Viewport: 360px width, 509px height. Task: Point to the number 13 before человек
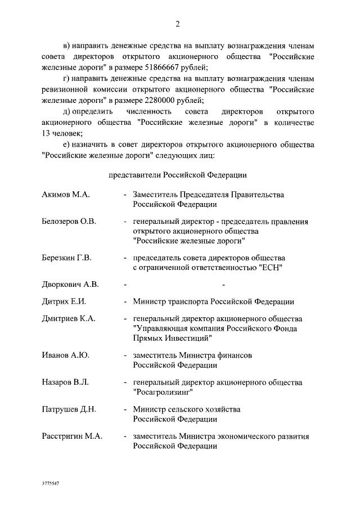click(x=47, y=133)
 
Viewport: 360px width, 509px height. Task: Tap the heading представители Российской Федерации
click(x=178, y=175)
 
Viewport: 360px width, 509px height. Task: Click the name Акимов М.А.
click(x=66, y=195)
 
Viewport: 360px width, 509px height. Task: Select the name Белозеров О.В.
click(x=69, y=222)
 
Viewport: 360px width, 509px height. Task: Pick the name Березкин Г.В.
click(x=66, y=258)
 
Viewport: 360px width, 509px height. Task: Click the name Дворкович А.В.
click(x=70, y=285)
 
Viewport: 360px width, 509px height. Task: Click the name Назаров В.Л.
click(x=65, y=382)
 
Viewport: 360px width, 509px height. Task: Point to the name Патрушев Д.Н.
click(x=68, y=409)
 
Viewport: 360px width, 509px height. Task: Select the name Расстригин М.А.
click(x=71, y=436)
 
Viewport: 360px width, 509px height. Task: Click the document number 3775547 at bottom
click(x=51, y=483)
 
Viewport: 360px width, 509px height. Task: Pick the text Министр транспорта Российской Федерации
click(x=213, y=301)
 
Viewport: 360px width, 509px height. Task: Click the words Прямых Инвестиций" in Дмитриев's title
click(x=172, y=338)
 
